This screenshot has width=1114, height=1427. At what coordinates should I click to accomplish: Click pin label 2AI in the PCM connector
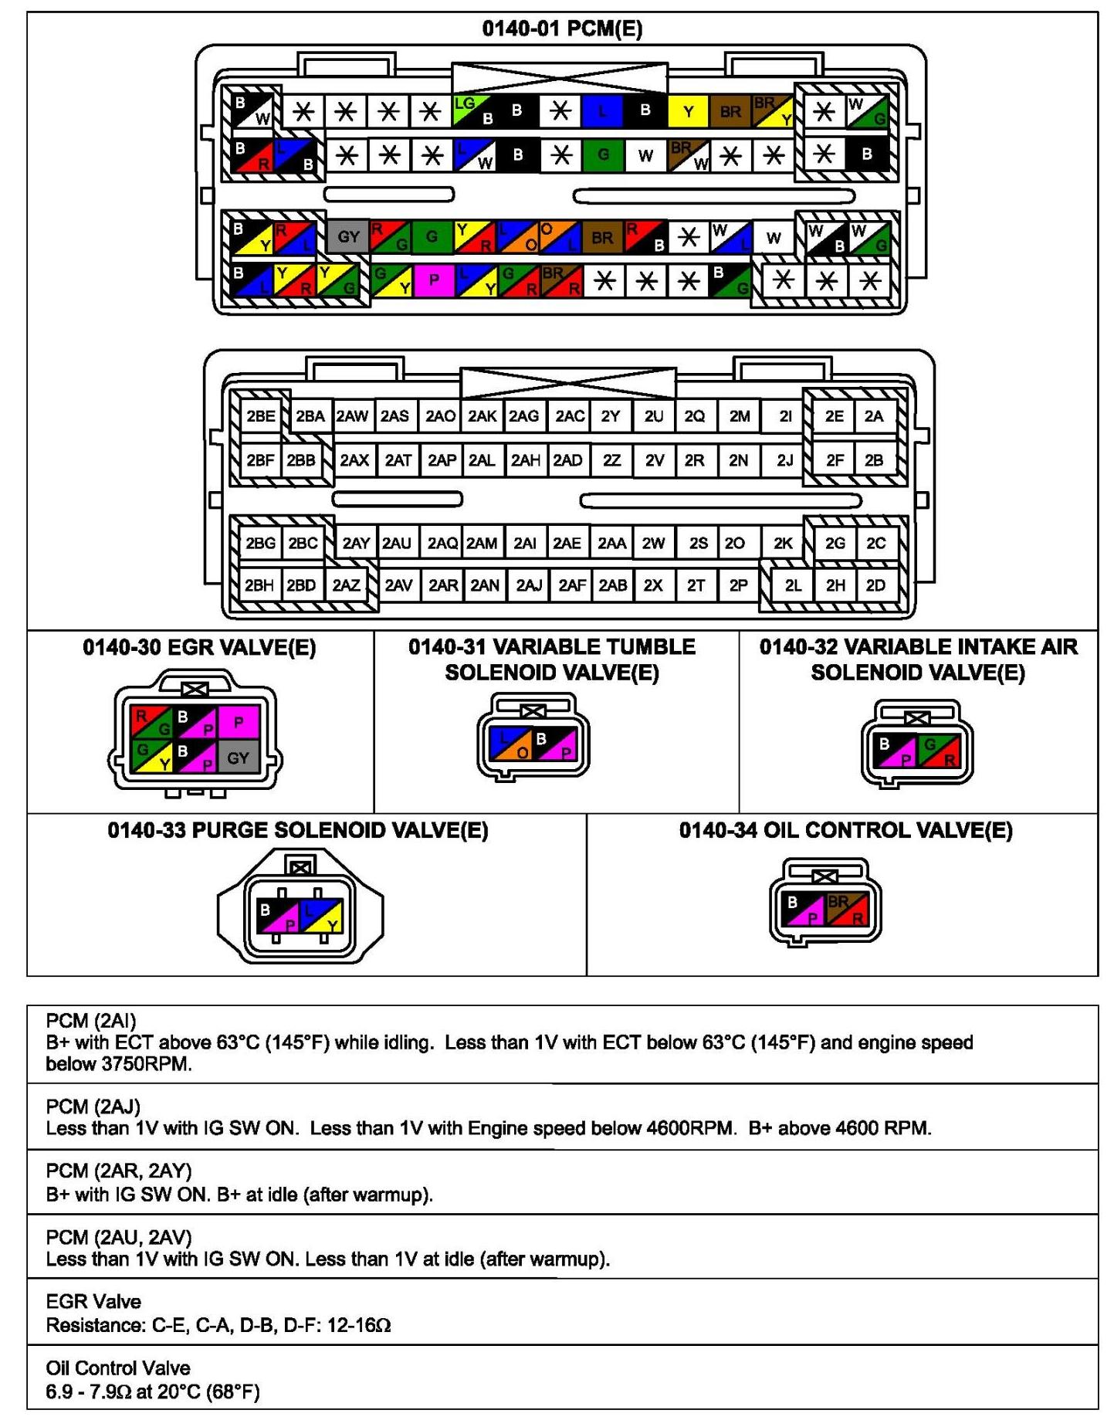point(525,543)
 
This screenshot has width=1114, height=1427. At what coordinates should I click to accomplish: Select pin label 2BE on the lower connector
point(260,416)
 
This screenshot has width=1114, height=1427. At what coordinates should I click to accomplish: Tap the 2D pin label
point(875,585)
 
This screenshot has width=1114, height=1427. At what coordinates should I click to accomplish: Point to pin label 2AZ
point(346,585)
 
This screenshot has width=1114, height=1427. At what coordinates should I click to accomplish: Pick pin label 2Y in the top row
point(611,416)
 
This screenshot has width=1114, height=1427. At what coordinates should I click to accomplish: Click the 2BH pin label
point(259,585)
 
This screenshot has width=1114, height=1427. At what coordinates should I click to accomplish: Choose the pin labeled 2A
point(873,416)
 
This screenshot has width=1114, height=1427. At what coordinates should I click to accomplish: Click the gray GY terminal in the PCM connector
point(348,236)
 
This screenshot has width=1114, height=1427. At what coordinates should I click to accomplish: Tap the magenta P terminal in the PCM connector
point(434,280)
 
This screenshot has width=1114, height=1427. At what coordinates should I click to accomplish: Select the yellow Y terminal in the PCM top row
point(688,112)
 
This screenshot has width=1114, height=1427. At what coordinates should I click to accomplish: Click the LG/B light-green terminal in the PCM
point(473,111)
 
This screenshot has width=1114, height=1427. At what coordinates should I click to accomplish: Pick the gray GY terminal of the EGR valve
point(238,758)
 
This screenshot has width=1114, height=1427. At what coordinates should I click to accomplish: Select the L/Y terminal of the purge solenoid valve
point(321,916)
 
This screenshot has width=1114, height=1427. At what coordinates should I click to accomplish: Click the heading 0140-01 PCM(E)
point(562,29)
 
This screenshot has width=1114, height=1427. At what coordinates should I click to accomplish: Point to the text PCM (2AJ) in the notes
point(93,1107)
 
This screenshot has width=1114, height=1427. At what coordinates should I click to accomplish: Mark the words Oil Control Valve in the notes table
point(117,1368)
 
